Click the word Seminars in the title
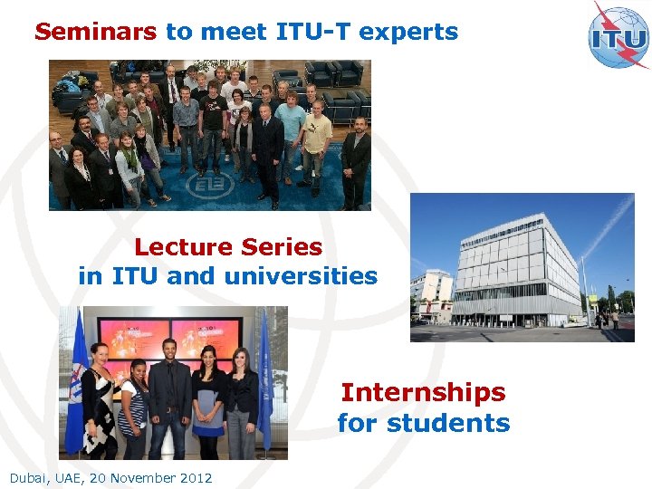pos(95,33)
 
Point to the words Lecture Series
pos(228,247)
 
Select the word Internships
pos(423,393)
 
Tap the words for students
pos(423,423)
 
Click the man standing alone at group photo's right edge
pos(356,158)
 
